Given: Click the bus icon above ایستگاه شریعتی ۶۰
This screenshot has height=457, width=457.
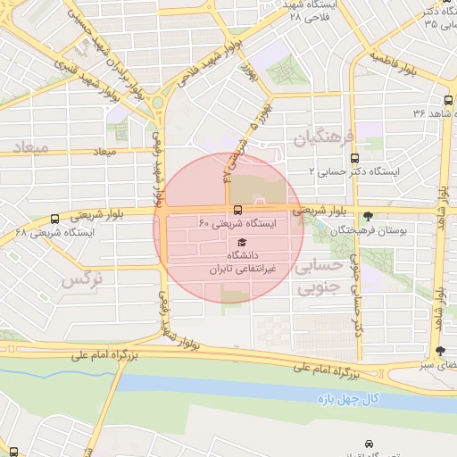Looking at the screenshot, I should pos(237,209).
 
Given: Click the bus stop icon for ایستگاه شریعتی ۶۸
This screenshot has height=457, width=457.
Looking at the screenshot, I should pos(55,218).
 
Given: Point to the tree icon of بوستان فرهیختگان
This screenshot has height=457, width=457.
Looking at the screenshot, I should pos(369,215).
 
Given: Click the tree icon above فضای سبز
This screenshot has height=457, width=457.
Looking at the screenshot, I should pos(441,351).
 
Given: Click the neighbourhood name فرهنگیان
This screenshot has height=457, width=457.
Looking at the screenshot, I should pos(324,137).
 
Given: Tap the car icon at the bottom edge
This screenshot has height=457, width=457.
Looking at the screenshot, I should pos(370,443).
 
